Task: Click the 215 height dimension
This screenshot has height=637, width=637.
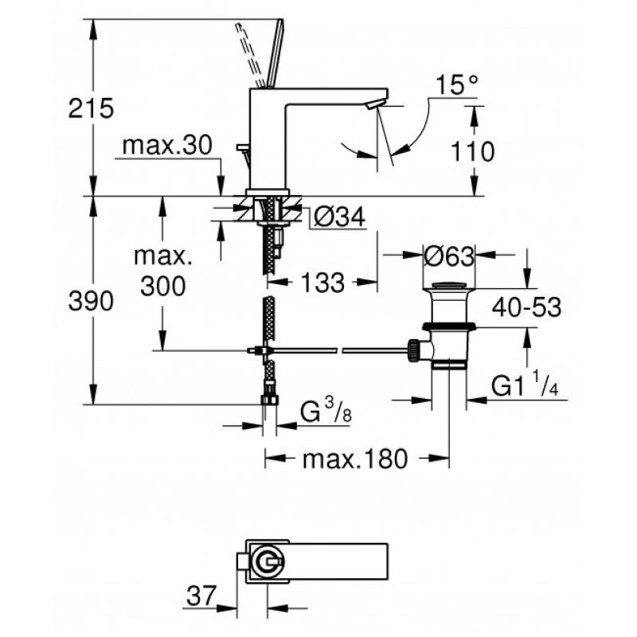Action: pyautogui.click(x=91, y=108)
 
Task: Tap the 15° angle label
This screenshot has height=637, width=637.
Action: pyautogui.click(x=457, y=85)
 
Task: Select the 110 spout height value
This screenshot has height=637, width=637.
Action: pyautogui.click(x=472, y=151)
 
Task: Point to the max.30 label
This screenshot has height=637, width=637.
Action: pyautogui.click(x=167, y=145)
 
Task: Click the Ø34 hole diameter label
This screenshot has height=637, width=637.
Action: pyautogui.click(x=340, y=217)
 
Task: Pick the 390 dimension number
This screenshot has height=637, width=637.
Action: pyautogui.click(x=91, y=301)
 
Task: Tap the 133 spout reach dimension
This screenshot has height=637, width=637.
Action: pyautogui.click(x=322, y=283)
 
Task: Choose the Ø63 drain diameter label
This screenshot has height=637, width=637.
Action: pyautogui.click(x=449, y=256)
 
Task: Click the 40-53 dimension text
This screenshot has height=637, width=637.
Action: pyautogui.click(x=526, y=307)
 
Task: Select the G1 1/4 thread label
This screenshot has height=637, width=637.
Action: pyautogui.click(x=525, y=385)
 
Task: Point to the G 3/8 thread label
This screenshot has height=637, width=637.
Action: pyautogui.click(x=326, y=410)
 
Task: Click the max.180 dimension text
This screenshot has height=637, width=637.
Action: pyautogui.click(x=354, y=459)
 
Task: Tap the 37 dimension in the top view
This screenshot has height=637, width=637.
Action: pyautogui.click(x=201, y=596)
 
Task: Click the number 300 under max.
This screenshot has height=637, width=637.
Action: pyautogui.click(x=163, y=286)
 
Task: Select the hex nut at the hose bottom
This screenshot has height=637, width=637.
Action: pyautogui.click(x=269, y=400)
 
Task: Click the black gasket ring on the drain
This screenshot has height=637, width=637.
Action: pyautogui.click(x=449, y=326)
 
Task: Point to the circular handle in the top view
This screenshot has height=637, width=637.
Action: pyautogui.click(x=268, y=561)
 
